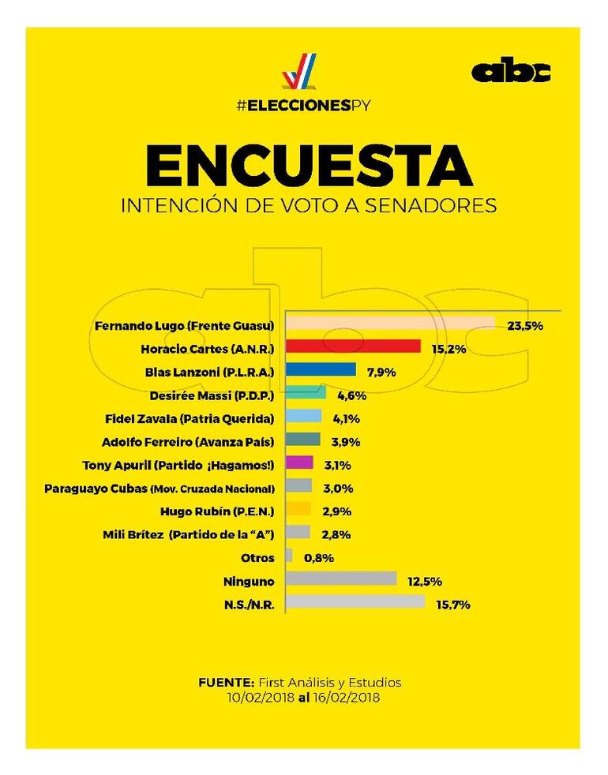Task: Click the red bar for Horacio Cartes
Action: tap(352, 346)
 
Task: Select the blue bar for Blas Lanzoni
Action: tap(320, 369)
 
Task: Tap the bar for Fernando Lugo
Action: tap(389, 324)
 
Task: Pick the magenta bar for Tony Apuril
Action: tap(299, 463)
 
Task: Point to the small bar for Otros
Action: tap(289, 556)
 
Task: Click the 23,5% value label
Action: tap(525, 324)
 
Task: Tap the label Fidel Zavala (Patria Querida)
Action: tap(190, 417)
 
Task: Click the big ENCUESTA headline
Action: tap(309, 167)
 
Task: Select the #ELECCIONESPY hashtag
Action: tap(304, 104)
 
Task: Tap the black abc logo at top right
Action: tap(511, 72)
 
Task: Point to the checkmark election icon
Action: tap(299, 71)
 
